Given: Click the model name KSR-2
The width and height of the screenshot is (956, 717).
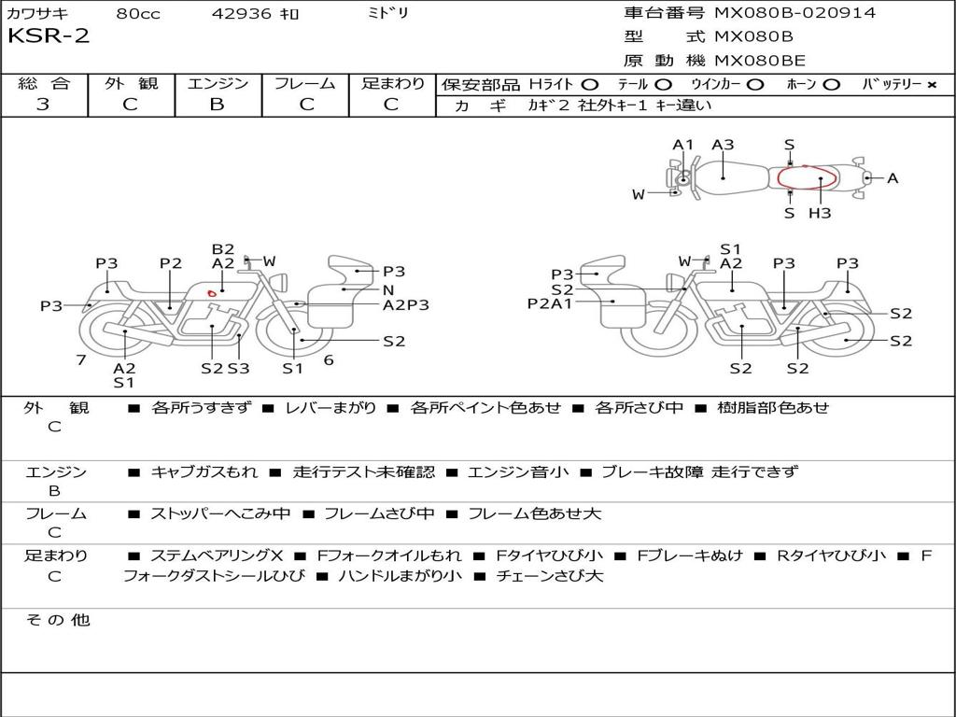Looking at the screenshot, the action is click(49, 36).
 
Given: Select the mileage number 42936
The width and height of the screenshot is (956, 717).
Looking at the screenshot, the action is click(241, 13).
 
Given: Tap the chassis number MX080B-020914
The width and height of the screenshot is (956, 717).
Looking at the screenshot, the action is click(795, 12).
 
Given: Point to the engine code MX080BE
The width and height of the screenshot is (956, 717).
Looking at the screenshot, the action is click(760, 61).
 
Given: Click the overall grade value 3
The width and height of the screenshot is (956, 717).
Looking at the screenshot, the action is click(43, 105).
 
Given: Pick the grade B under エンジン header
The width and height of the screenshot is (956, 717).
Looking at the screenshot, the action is click(217, 105).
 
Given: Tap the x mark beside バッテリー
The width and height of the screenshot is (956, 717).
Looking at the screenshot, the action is click(932, 85).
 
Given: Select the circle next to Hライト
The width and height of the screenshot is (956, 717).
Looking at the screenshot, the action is click(590, 85).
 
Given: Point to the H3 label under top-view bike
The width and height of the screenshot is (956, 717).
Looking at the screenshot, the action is click(820, 213).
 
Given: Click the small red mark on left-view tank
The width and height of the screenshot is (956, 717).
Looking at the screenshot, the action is click(212, 293).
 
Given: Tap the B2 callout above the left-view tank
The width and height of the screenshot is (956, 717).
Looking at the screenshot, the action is click(223, 248).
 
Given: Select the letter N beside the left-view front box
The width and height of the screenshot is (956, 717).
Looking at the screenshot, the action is click(388, 290).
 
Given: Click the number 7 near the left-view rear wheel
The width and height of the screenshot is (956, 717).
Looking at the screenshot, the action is click(81, 359).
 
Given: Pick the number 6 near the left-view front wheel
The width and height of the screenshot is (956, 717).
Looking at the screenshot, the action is click(329, 359).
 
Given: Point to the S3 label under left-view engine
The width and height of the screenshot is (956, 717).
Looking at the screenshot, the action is click(239, 368).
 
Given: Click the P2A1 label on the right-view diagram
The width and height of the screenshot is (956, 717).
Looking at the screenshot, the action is click(550, 303).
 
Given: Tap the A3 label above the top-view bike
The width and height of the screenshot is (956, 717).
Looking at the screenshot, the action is click(724, 145).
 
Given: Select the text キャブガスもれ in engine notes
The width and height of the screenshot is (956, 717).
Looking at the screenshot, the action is click(204, 471).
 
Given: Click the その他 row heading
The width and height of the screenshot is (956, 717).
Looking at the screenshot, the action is click(58, 620).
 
